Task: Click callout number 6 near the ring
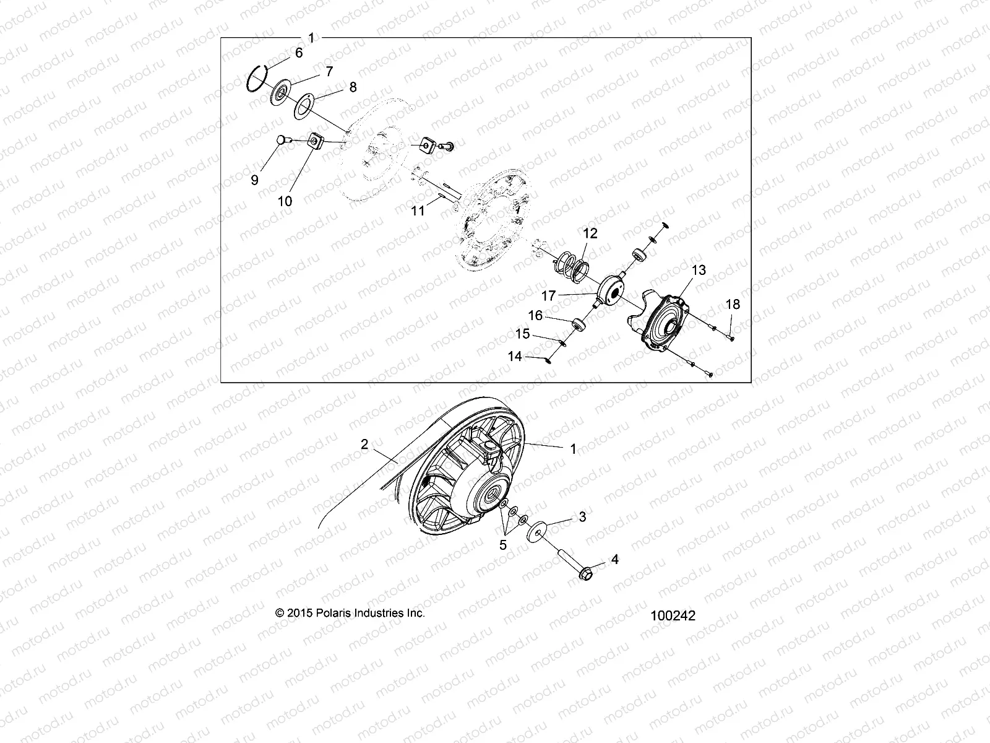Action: [299, 53]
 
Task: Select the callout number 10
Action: [285, 201]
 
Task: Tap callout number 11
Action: [418, 211]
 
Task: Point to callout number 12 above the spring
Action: [590, 233]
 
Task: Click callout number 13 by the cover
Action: [699, 271]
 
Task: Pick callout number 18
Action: [733, 305]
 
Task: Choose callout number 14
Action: [515, 357]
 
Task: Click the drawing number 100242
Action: [673, 616]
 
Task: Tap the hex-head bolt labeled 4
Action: [585, 574]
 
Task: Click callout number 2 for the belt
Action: [364, 444]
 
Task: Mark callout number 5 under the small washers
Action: [503, 545]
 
